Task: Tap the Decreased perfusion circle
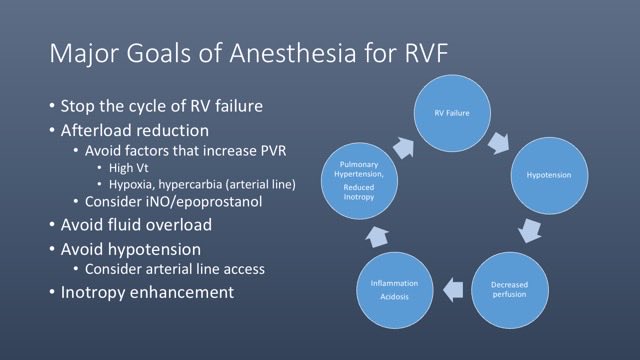pos(509,290)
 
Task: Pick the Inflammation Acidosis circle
pos(395,290)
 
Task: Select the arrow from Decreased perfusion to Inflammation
pos(452,290)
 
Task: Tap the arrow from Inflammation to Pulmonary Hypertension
pos(371,236)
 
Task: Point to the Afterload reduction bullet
pos(134,130)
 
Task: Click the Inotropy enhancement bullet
pos(147,292)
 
